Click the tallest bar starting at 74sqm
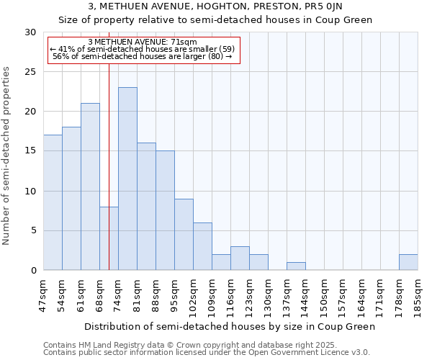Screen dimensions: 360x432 tap(127, 179)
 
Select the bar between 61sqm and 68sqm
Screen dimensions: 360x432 tap(90, 186)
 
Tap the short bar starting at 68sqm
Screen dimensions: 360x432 tap(109, 238)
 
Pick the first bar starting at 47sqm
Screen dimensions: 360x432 tap(53, 202)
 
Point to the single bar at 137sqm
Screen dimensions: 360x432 tap(296, 266)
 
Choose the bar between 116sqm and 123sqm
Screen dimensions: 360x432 tap(240, 258)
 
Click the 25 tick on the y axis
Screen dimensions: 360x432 tap(31, 72)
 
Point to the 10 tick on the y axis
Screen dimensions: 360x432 tap(31, 192)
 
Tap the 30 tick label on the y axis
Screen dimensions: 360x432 tap(31, 32)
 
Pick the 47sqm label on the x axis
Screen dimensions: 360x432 tap(44, 295)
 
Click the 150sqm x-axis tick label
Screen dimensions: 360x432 tap(324, 295)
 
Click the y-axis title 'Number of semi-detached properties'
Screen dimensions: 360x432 tap(7, 156)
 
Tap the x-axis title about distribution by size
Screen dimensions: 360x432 tap(230, 327)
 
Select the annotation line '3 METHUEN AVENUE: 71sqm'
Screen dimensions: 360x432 tap(142, 42)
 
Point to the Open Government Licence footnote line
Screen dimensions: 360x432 tap(207, 353)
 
